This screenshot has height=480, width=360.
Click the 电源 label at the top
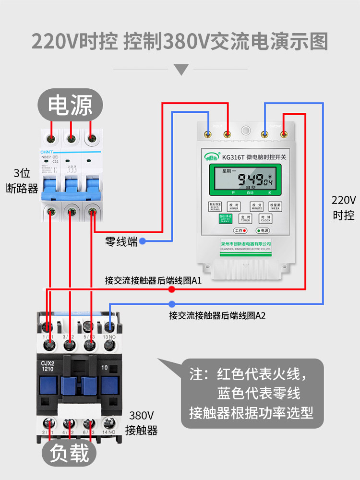click(x=71, y=106)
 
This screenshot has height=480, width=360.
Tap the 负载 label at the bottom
click(x=70, y=453)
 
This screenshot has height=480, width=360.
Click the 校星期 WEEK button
click(x=276, y=206)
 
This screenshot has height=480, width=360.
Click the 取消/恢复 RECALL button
click(x=215, y=206)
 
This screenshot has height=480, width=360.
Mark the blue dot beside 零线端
click(x=143, y=241)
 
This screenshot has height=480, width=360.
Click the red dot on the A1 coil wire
click(x=171, y=289)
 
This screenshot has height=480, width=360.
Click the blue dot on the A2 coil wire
click(x=171, y=304)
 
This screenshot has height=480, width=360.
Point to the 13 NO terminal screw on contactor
click(x=109, y=328)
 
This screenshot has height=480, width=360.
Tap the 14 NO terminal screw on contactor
click(x=109, y=423)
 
